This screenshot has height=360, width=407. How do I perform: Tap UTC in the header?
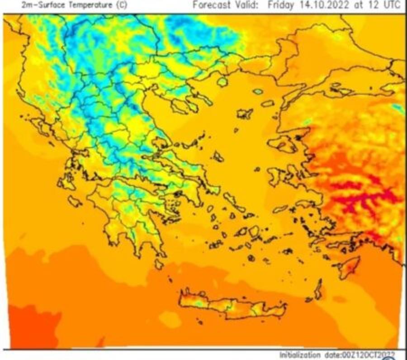pos(391,5)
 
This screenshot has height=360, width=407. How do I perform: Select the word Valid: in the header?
pos(247,5)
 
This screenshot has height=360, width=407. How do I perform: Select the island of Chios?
pos(275,175)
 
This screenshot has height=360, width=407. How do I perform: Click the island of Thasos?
pos(222,82)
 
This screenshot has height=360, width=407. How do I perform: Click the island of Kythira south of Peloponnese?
pos(159,264)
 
